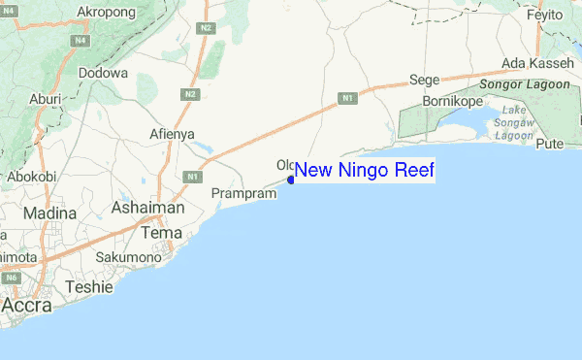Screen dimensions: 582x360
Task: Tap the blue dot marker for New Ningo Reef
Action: pos(291,180)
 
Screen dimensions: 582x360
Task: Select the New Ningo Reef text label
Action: pos(364,171)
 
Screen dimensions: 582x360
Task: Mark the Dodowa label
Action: pos(102,73)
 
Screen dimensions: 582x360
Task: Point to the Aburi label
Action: pos(46,99)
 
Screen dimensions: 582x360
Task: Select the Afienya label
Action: pos(173,133)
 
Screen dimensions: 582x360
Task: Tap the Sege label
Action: pos(425,81)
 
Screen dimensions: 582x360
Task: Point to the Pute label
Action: pos(550,144)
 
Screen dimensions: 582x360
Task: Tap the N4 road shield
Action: pos(78,42)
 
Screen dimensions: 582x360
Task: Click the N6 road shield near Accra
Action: pos(12,278)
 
